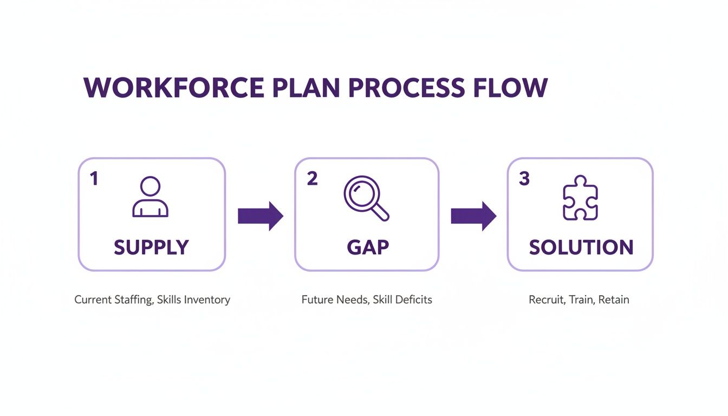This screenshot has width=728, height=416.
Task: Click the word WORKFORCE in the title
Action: [173, 88]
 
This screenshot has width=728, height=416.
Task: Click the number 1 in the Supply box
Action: [94, 179]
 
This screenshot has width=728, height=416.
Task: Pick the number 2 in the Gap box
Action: [312, 179]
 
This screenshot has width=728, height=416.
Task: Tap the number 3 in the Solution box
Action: [524, 179]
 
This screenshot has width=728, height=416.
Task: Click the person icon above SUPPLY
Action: [150, 197]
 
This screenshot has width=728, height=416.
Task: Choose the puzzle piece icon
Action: [580, 198]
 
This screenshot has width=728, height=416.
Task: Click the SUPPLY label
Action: [151, 248]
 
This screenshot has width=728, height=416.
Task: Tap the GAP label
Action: [368, 248]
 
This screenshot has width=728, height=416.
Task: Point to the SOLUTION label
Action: [581, 248]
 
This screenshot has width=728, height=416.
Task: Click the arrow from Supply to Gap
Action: [261, 216]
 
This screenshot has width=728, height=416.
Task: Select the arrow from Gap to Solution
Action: [473, 216]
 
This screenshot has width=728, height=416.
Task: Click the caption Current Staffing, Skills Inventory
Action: [152, 300]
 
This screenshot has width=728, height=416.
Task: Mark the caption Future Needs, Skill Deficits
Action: [367, 300]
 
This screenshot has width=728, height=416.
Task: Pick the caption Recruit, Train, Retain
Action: [578, 300]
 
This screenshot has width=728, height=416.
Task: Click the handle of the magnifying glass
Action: [381, 213]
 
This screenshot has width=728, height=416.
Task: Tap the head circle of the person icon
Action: [150, 187]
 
